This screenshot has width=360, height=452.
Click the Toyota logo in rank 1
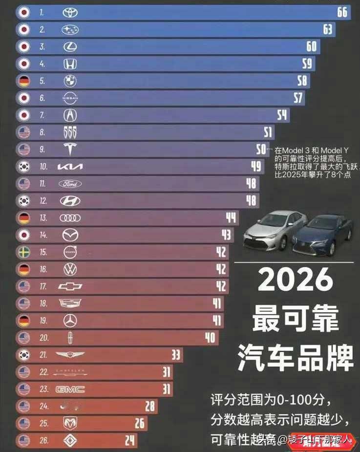(70, 13)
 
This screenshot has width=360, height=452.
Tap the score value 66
(342, 12)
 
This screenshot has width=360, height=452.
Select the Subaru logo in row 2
(70, 30)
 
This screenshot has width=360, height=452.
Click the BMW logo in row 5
(70, 81)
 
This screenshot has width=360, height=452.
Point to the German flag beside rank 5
(23, 81)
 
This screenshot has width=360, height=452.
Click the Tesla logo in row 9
(70, 150)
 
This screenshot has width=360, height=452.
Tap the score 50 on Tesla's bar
(262, 150)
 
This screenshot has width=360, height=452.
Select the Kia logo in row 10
(70, 167)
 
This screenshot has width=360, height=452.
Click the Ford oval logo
(70, 184)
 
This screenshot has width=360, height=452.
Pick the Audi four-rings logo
(70, 218)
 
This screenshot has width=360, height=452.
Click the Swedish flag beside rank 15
(23, 252)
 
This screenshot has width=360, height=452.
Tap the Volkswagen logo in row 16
(70, 269)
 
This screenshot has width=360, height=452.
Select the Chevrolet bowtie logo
(70, 286)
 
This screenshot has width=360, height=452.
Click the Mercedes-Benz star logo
(70, 321)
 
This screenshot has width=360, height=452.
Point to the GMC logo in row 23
(70, 389)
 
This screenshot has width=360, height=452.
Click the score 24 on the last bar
(129, 440)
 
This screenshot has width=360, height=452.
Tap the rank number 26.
(44, 440)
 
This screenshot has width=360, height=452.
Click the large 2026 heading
(296, 280)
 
